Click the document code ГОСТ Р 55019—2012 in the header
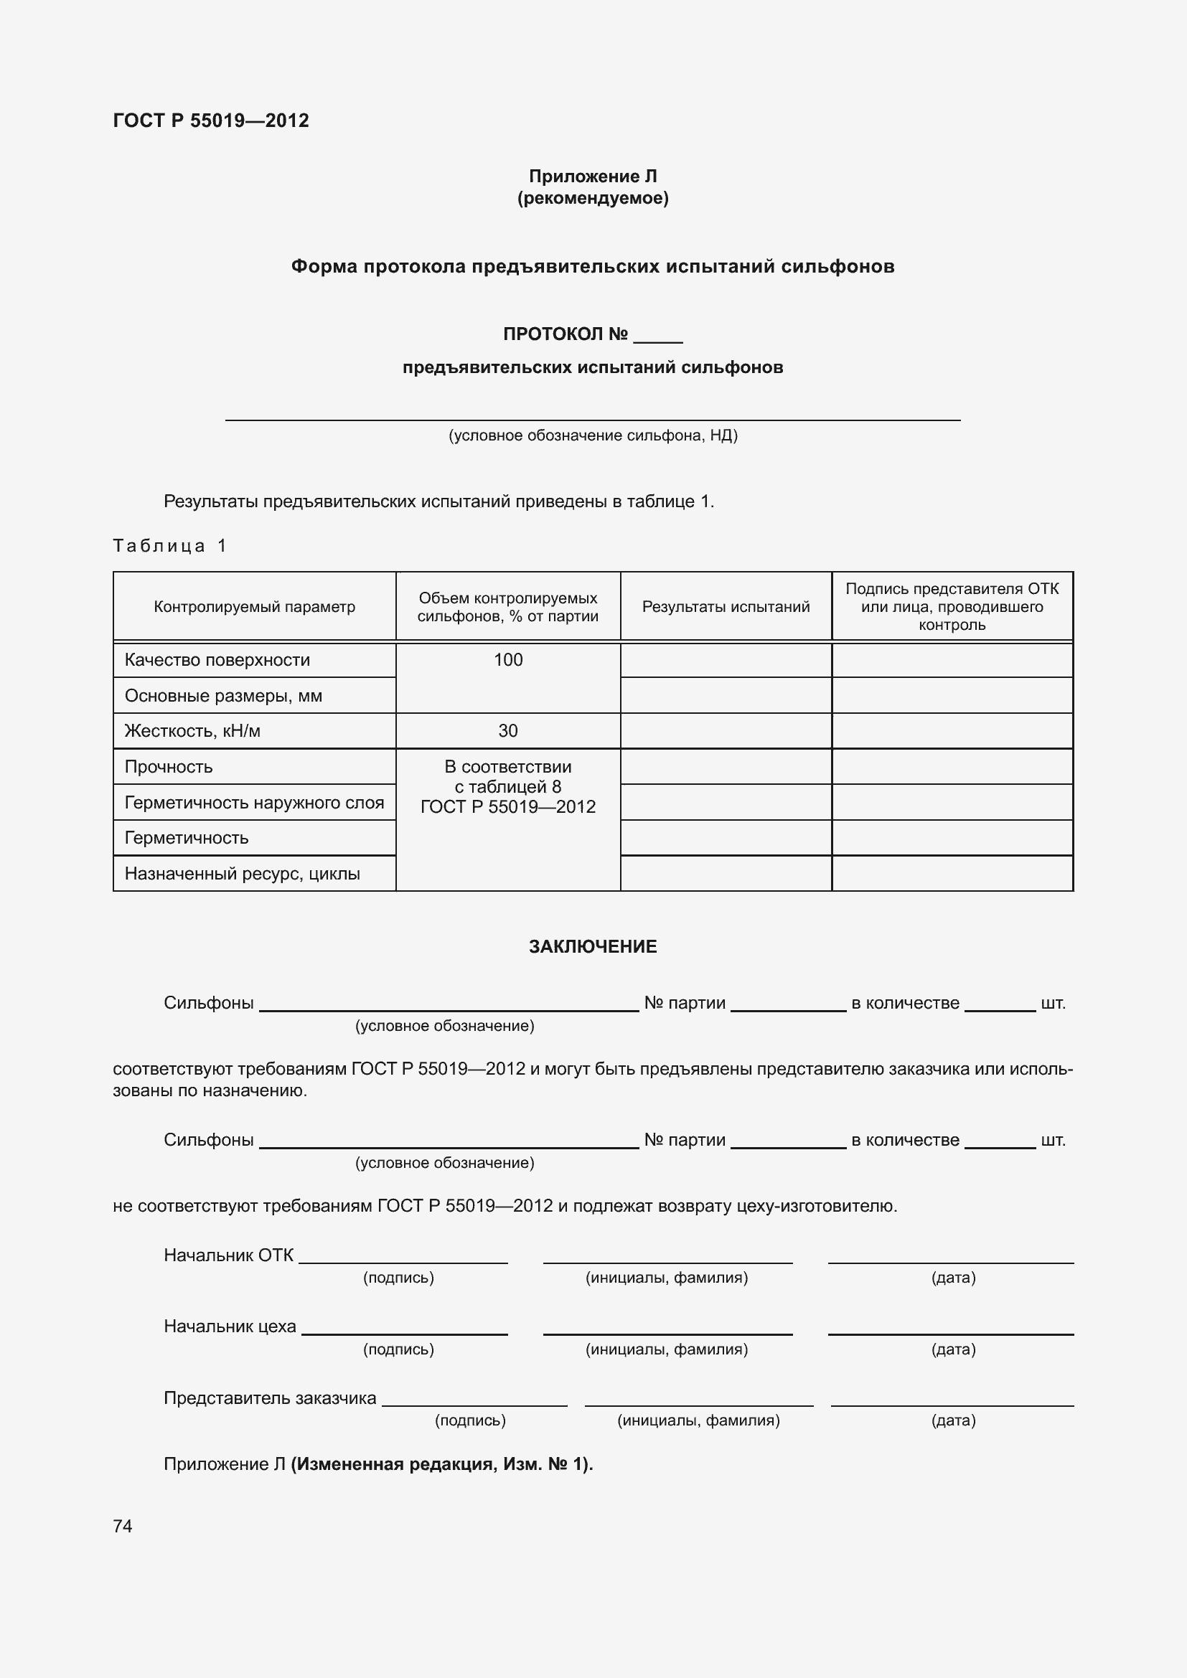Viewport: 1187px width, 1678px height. [x=210, y=121]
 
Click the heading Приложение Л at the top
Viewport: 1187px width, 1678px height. [x=592, y=176]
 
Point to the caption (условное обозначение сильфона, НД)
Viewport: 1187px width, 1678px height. [x=592, y=435]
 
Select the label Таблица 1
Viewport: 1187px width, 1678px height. [x=169, y=545]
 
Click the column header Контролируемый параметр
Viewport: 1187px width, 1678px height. [x=254, y=607]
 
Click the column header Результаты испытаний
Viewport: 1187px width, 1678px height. [x=725, y=607]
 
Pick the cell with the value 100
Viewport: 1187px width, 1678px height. [x=507, y=660]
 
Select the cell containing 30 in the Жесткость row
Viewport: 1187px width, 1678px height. [x=507, y=731]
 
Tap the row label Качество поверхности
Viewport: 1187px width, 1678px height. [x=217, y=660]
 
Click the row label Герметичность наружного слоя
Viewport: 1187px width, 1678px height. [x=253, y=803]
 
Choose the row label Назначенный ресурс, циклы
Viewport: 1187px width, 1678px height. [x=242, y=873]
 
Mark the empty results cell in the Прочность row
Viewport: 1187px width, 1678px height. [x=725, y=767]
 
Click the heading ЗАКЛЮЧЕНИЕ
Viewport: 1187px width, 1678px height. [x=592, y=946]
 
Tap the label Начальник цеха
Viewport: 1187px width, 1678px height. [x=230, y=1326]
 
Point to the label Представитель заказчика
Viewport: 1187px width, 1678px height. [x=270, y=1398]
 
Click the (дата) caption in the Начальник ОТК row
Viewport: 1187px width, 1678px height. [x=952, y=1278]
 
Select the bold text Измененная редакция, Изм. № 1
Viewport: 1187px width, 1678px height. [x=441, y=1464]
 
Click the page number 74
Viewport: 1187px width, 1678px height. [x=123, y=1526]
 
